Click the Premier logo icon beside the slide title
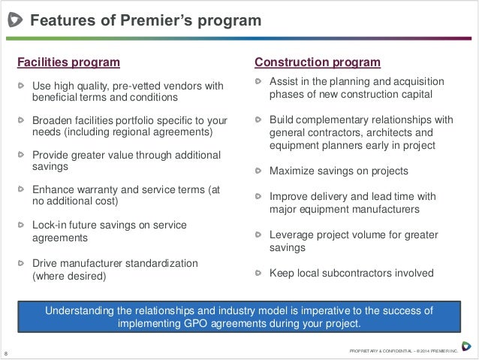tap(14, 21)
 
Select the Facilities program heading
tap(69, 62)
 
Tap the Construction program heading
tap(318, 62)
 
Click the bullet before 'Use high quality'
tap(22, 85)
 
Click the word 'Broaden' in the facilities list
tap(53, 119)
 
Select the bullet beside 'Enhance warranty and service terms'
tap(22, 189)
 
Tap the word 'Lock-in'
tap(52, 225)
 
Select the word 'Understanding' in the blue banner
tap(82, 310)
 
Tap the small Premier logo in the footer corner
tap(466, 346)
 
